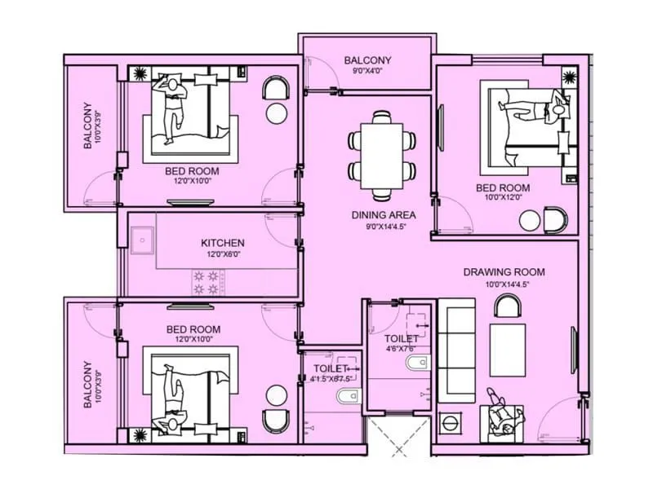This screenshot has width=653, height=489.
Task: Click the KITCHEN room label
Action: pyautogui.click(x=222, y=243)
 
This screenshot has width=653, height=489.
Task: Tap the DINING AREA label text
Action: pyautogui.click(x=384, y=215)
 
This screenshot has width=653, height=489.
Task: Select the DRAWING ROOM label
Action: pyautogui.click(x=504, y=272)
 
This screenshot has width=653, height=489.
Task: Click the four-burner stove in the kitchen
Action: pyautogui.click(x=206, y=282)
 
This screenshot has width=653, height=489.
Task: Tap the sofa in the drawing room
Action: pyautogui.click(x=456, y=350)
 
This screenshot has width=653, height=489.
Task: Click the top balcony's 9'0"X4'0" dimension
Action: pyautogui.click(x=367, y=72)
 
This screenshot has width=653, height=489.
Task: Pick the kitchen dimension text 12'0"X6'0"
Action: pyautogui.click(x=222, y=254)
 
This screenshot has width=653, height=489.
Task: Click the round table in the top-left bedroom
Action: pyautogui.click(x=277, y=113)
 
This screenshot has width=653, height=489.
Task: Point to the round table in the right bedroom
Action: pyautogui.click(x=530, y=220)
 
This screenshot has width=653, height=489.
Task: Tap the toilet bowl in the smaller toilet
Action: pyautogui.click(x=345, y=397)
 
